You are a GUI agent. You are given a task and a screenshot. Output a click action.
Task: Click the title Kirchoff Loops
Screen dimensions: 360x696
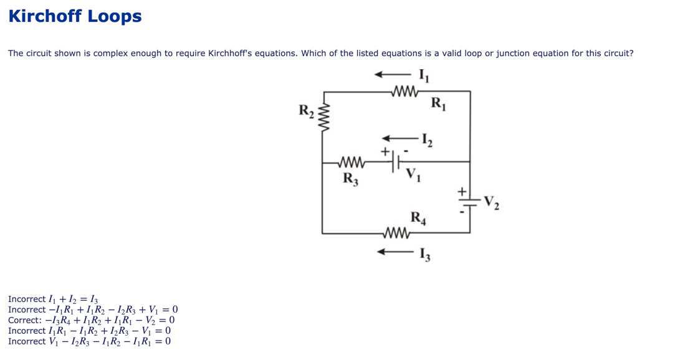75,16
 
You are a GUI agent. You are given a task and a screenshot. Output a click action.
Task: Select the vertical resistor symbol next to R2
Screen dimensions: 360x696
323,116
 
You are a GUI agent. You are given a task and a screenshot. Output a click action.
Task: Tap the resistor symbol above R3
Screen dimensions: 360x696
350,163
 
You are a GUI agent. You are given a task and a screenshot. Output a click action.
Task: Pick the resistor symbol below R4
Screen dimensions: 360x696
398,234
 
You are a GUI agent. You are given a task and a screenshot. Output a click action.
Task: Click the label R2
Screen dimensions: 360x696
307,111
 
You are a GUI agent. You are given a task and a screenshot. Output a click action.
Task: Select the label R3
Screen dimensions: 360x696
351,179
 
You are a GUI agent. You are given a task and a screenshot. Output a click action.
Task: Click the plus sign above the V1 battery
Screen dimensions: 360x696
386,151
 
